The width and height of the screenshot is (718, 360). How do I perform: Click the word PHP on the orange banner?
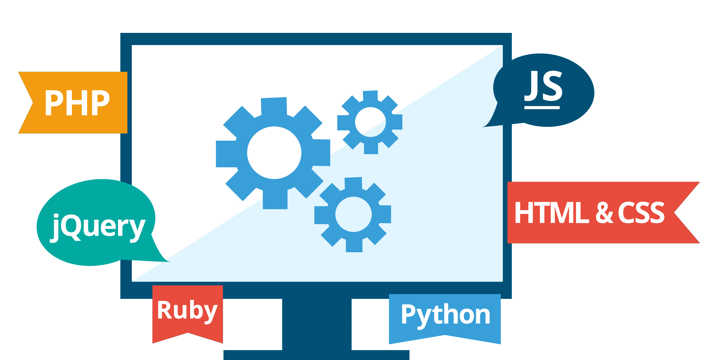(x=77, y=102)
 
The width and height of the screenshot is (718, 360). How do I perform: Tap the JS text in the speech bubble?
(x=543, y=86)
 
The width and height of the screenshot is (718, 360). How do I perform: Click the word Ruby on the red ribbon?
(x=187, y=311)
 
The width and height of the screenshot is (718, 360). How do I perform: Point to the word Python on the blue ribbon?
(x=446, y=316)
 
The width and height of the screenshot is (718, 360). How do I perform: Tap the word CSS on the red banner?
(x=641, y=212)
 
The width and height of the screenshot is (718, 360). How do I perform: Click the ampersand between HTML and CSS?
(x=604, y=212)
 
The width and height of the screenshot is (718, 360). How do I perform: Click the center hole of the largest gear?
(x=274, y=153)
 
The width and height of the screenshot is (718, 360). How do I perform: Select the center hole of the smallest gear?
(x=370, y=122)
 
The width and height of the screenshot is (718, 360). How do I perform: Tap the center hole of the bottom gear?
(x=353, y=214)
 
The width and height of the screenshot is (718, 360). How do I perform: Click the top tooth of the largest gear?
(x=274, y=106)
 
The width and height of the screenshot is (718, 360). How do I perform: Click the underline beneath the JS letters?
(x=542, y=108)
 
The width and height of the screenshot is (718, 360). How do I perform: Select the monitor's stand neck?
(x=317, y=324)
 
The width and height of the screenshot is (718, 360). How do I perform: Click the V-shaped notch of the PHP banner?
(x=32, y=103)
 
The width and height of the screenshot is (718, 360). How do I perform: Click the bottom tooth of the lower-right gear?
(x=354, y=245)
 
